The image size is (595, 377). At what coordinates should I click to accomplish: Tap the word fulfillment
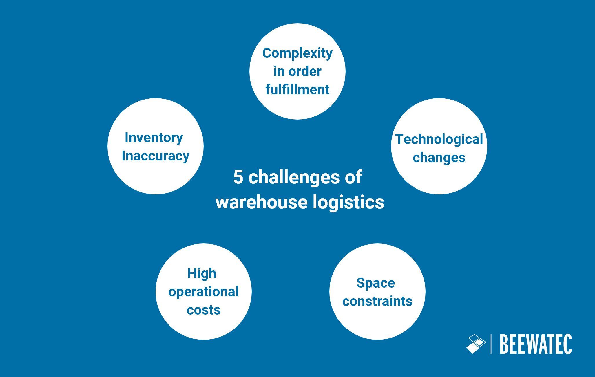click(297, 89)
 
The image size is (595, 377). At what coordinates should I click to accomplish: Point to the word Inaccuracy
click(156, 156)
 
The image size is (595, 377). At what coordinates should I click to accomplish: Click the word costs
click(203, 310)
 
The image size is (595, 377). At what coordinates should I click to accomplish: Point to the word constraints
click(377, 301)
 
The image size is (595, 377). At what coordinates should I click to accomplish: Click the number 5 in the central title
click(238, 177)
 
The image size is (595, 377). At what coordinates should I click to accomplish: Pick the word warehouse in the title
click(261, 202)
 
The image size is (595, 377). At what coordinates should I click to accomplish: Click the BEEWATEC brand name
click(536, 344)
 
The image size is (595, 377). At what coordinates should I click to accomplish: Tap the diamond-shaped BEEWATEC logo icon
click(476, 344)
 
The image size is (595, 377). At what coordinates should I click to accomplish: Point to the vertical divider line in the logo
click(491, 344)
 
